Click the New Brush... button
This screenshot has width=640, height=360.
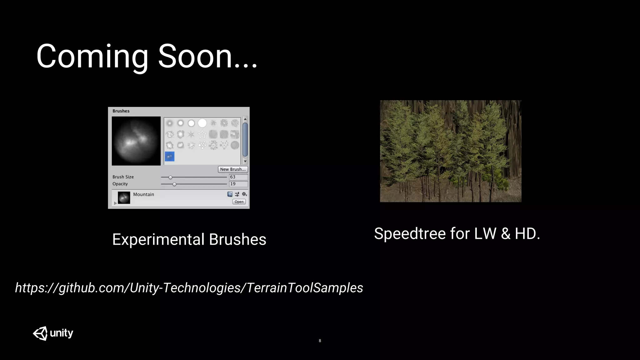click(233, 169)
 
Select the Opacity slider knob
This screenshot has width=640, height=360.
click(174, 184)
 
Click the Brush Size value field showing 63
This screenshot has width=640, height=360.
click(238, 177)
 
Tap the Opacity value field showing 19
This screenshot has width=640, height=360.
click(238, 184)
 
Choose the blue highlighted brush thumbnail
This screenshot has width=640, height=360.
click(170, 156)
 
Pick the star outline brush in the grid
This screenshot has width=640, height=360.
click(202, 134)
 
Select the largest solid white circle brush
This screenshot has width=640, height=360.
click(202, 123)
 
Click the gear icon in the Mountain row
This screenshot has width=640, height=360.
click(244, 194)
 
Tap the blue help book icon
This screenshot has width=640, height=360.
click(230, 194)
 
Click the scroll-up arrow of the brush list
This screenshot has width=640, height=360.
click(245, 119)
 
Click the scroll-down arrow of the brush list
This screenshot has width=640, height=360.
click(245, 162)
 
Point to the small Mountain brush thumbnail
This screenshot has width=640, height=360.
click(124, 198)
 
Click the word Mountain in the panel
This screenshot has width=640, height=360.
click(143, 194)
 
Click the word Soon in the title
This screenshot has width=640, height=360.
click(195, 56)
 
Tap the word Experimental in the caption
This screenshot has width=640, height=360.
click(158, 240)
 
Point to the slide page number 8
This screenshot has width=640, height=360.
click(320, 341)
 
